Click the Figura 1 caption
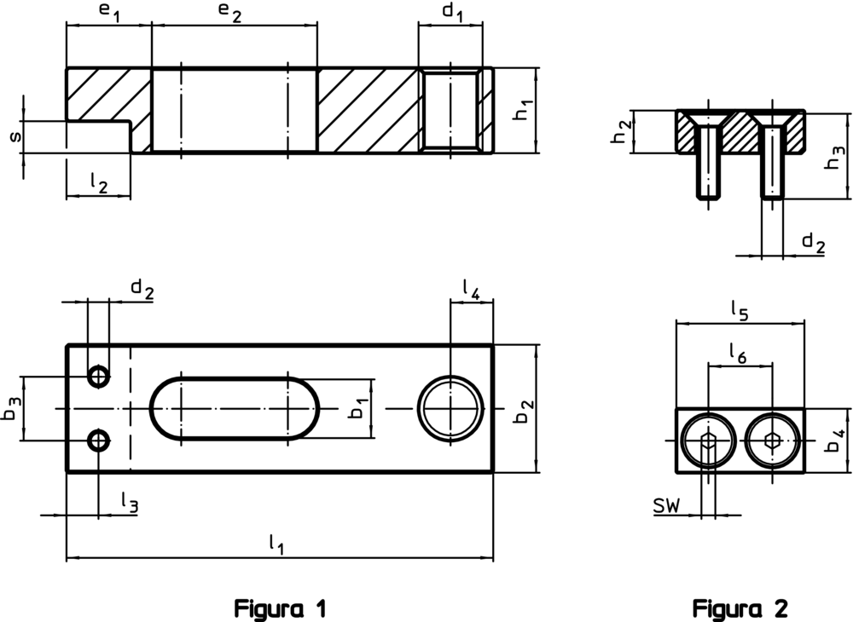click(x=281, y=609)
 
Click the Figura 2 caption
click(x=740, y=609)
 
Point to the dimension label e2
click(x=231, y=13)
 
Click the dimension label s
click(x=12, y=136)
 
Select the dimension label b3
click(x=10, y=409)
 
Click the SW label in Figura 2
click(x=666, y=508)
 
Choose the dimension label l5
click(x=739, y=312)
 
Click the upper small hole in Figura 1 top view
click(x=100, y=376)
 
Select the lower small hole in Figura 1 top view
click(x=100, y=440)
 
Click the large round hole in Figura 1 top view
click(x=450, y=408)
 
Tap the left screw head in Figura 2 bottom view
click(x=708, y=441)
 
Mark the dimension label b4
click(x=838, y=441)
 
